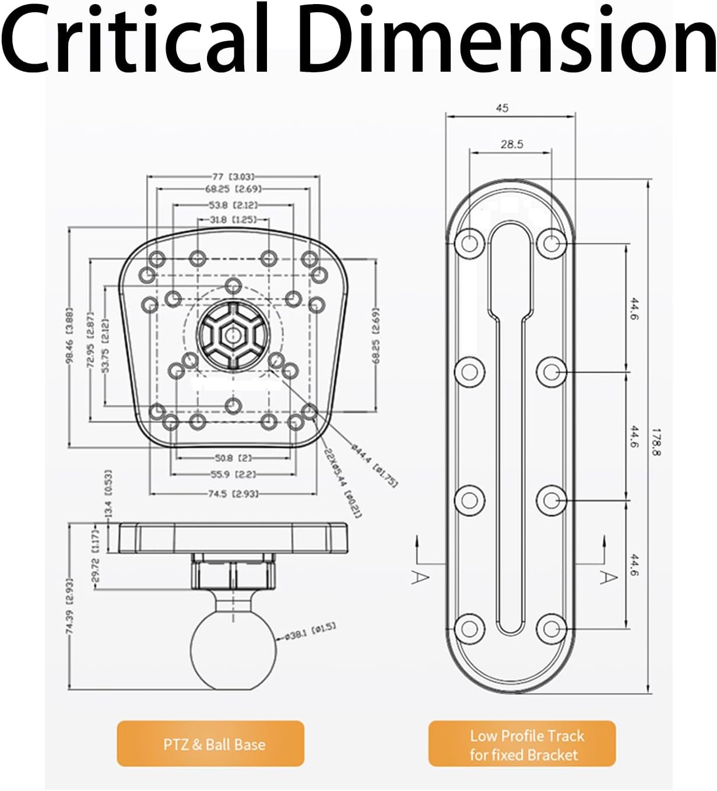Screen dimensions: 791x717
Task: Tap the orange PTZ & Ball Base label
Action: [x=210, y=744]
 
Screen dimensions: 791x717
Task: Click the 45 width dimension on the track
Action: [x=502, y=108]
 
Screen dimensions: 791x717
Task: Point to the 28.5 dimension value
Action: [x=511, y=144]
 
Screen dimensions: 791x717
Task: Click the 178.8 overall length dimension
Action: [x=655, y=442]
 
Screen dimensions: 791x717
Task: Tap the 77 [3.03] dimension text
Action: [x=233, y=176]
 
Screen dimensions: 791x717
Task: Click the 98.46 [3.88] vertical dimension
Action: [x=69, y=336]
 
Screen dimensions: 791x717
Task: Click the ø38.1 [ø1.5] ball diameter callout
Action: [x=310, y=631]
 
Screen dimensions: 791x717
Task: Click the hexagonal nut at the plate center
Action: [x=233, y=335]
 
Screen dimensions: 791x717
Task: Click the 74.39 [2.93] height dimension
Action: [x=69, y=606]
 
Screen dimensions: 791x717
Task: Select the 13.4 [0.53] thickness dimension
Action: [x=108, y=493]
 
